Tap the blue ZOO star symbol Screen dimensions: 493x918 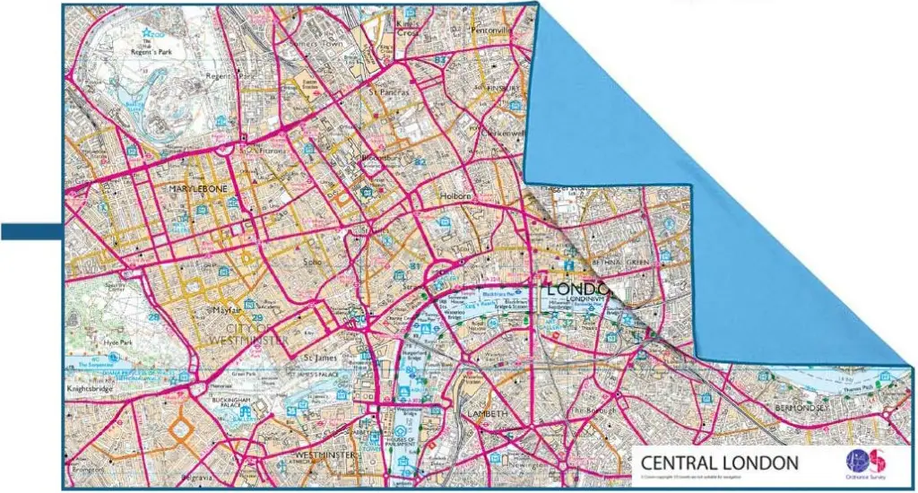147,33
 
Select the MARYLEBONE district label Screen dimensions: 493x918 199,189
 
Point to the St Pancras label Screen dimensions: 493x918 389,91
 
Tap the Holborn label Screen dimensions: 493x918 455,196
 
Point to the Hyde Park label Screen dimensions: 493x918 117,343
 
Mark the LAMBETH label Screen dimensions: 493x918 488,414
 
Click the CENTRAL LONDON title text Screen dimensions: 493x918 718,463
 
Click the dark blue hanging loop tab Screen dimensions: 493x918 30,232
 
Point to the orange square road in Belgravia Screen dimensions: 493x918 181,428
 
